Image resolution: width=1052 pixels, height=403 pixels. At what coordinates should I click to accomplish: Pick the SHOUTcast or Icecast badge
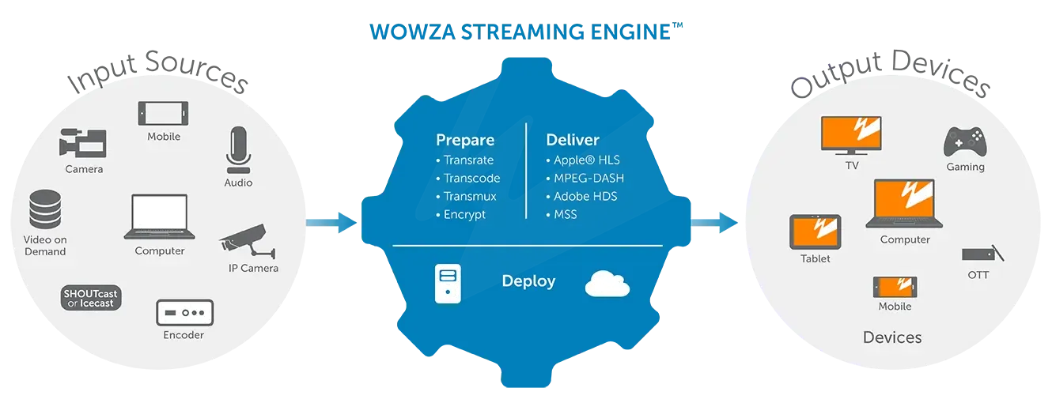(91, 298)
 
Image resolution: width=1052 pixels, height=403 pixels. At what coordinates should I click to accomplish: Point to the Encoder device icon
(184, 312)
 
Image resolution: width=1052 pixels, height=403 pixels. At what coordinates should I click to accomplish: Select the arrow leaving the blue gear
(714, 222)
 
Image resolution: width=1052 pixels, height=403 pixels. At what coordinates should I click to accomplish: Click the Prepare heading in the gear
(465, 141)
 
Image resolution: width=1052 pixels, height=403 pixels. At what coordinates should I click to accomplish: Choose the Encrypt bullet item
(464, 215)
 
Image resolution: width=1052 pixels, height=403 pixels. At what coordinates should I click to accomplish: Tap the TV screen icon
(852, 135)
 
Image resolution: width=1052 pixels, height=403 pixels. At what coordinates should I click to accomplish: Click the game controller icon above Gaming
(964, 142)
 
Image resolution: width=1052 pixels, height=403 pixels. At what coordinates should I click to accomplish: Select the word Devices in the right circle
(892, 337)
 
